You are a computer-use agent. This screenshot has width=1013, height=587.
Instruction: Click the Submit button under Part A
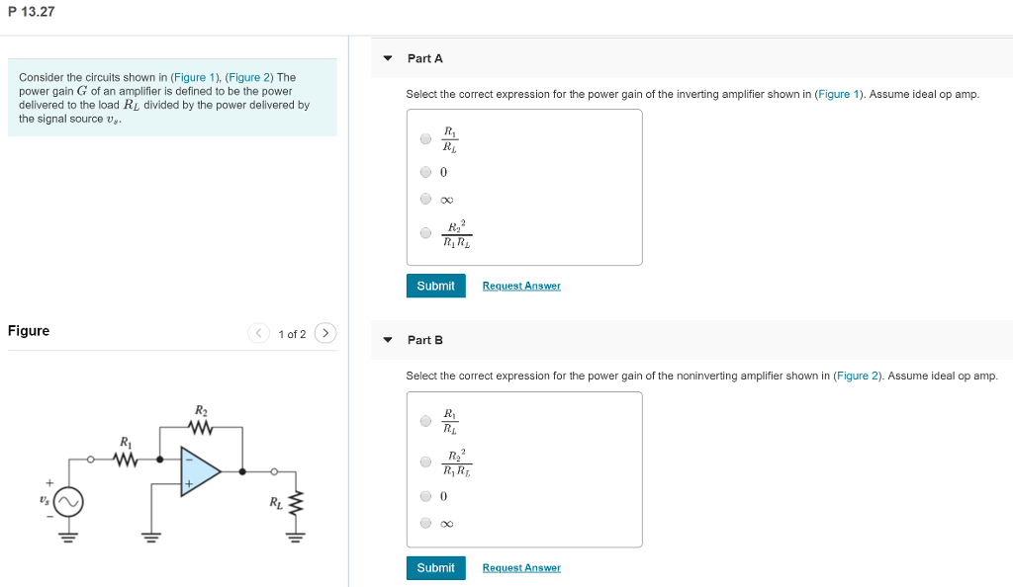click(x=435, y=286)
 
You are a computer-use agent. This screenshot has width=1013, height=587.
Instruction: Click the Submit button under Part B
click(x=435, y=567)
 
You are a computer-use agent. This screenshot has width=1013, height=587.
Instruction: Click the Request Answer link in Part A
click(x=521, y=286)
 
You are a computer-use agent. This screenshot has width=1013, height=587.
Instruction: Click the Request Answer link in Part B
click(x=521, y=567)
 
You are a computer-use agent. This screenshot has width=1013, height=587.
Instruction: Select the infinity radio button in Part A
click(x=425, y=199)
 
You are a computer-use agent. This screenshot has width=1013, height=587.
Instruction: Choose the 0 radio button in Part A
click(x=425, y=171)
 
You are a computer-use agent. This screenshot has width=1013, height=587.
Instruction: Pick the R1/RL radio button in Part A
click(x=425, y=139)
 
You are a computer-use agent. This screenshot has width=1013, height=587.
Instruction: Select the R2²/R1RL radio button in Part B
click(x=425, y=461)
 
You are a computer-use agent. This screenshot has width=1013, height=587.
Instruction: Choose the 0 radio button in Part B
click(x=425, y=495)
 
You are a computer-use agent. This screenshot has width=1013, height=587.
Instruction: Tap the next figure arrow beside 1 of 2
click(x=325, y=333)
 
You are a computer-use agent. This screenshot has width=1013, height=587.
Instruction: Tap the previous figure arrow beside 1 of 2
click(x=258, y=333)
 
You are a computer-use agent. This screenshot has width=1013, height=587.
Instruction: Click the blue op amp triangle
click(x=198, y=470)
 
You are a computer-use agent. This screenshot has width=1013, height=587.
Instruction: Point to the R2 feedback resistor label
click(x=201, y=410)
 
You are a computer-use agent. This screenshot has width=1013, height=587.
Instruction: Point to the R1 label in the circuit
click(x=125, y=441)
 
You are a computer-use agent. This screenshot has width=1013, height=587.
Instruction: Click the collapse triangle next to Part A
click(x=388, y=58)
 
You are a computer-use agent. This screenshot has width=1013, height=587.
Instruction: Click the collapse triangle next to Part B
click(x=388, y=340)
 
